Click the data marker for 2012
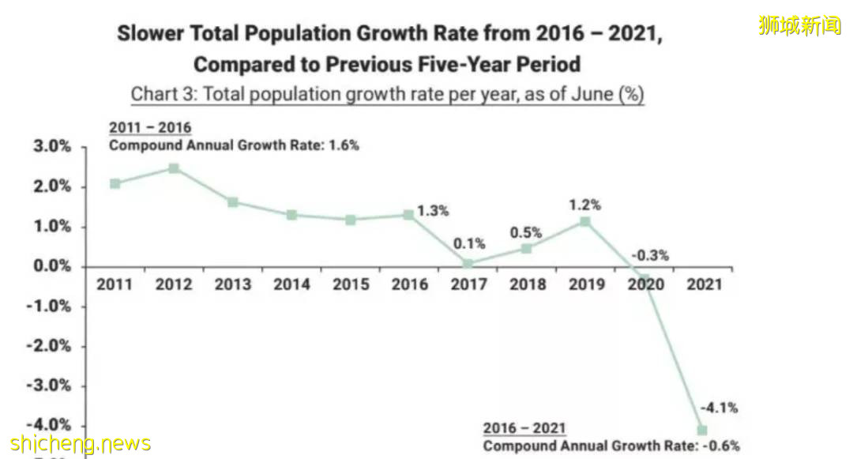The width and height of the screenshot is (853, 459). [174, 168]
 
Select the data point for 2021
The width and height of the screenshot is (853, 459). [702, 430]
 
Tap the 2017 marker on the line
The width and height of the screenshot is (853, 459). [468, 264]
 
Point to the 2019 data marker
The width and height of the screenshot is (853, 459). [585, 222]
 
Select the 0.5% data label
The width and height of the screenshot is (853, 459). [526, 233]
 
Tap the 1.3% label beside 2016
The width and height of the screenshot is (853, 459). [433, 210]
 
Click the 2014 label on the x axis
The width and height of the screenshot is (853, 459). [291, 284]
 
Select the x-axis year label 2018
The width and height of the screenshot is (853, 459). [527, 284]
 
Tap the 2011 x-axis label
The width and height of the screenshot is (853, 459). [115, 284]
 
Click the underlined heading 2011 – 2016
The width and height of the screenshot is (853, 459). [150, 128]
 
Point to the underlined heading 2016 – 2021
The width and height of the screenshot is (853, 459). [524, 428]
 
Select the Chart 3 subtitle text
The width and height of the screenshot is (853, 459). [387, 94]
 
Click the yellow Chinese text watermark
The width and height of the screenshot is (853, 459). [799, 25]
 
